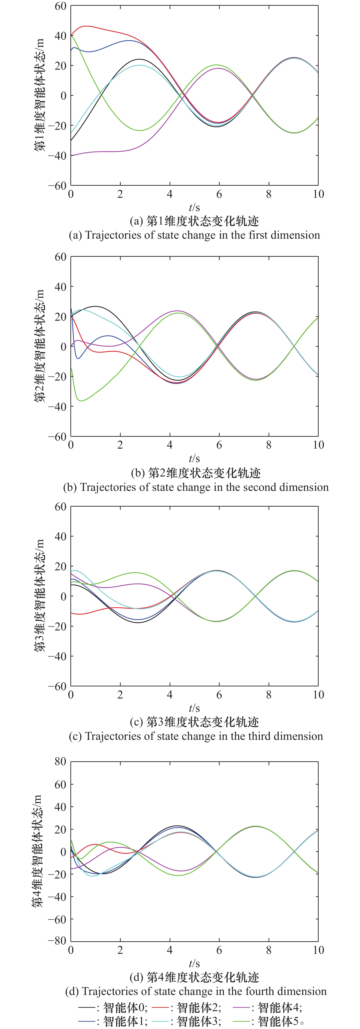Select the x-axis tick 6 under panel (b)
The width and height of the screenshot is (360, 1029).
pyautogui.click(x=219, y=445)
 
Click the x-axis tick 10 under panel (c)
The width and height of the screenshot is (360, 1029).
pyautogui.click(x=318, y=695)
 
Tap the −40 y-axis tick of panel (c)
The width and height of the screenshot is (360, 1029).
pyautogui.click(x=57, y=656)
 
